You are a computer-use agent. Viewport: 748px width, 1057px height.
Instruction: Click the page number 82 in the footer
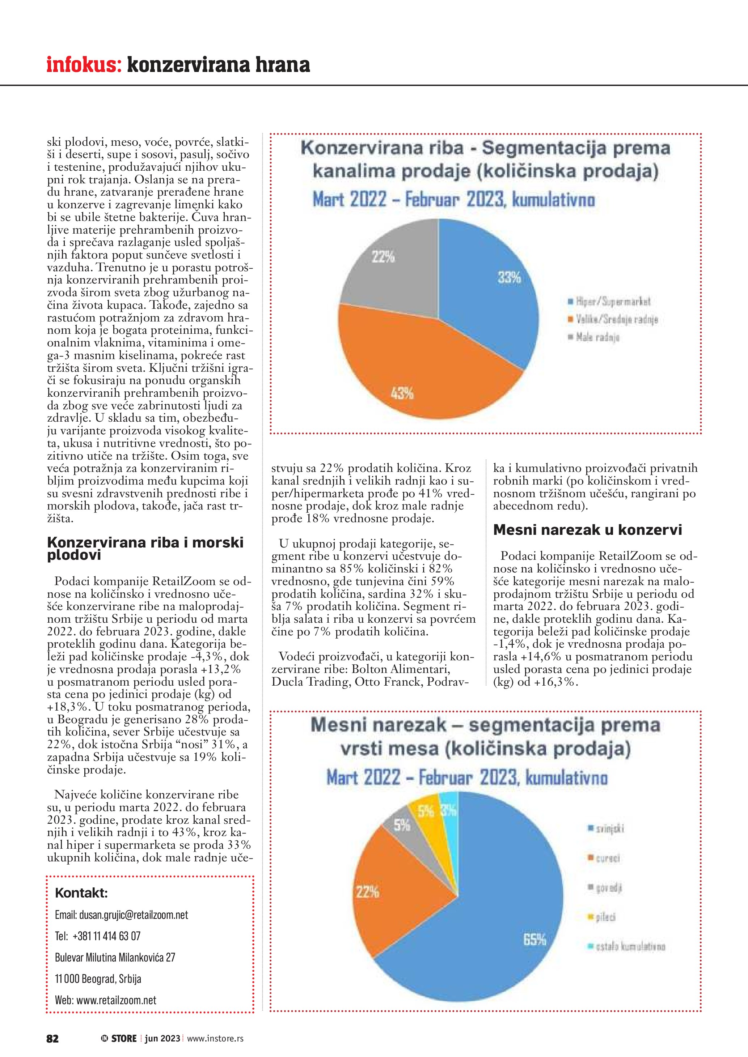(52, 1038)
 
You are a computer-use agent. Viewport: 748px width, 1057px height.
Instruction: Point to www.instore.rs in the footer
(215, 1038)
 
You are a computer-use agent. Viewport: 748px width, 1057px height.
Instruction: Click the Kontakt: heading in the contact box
(81, 893)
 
